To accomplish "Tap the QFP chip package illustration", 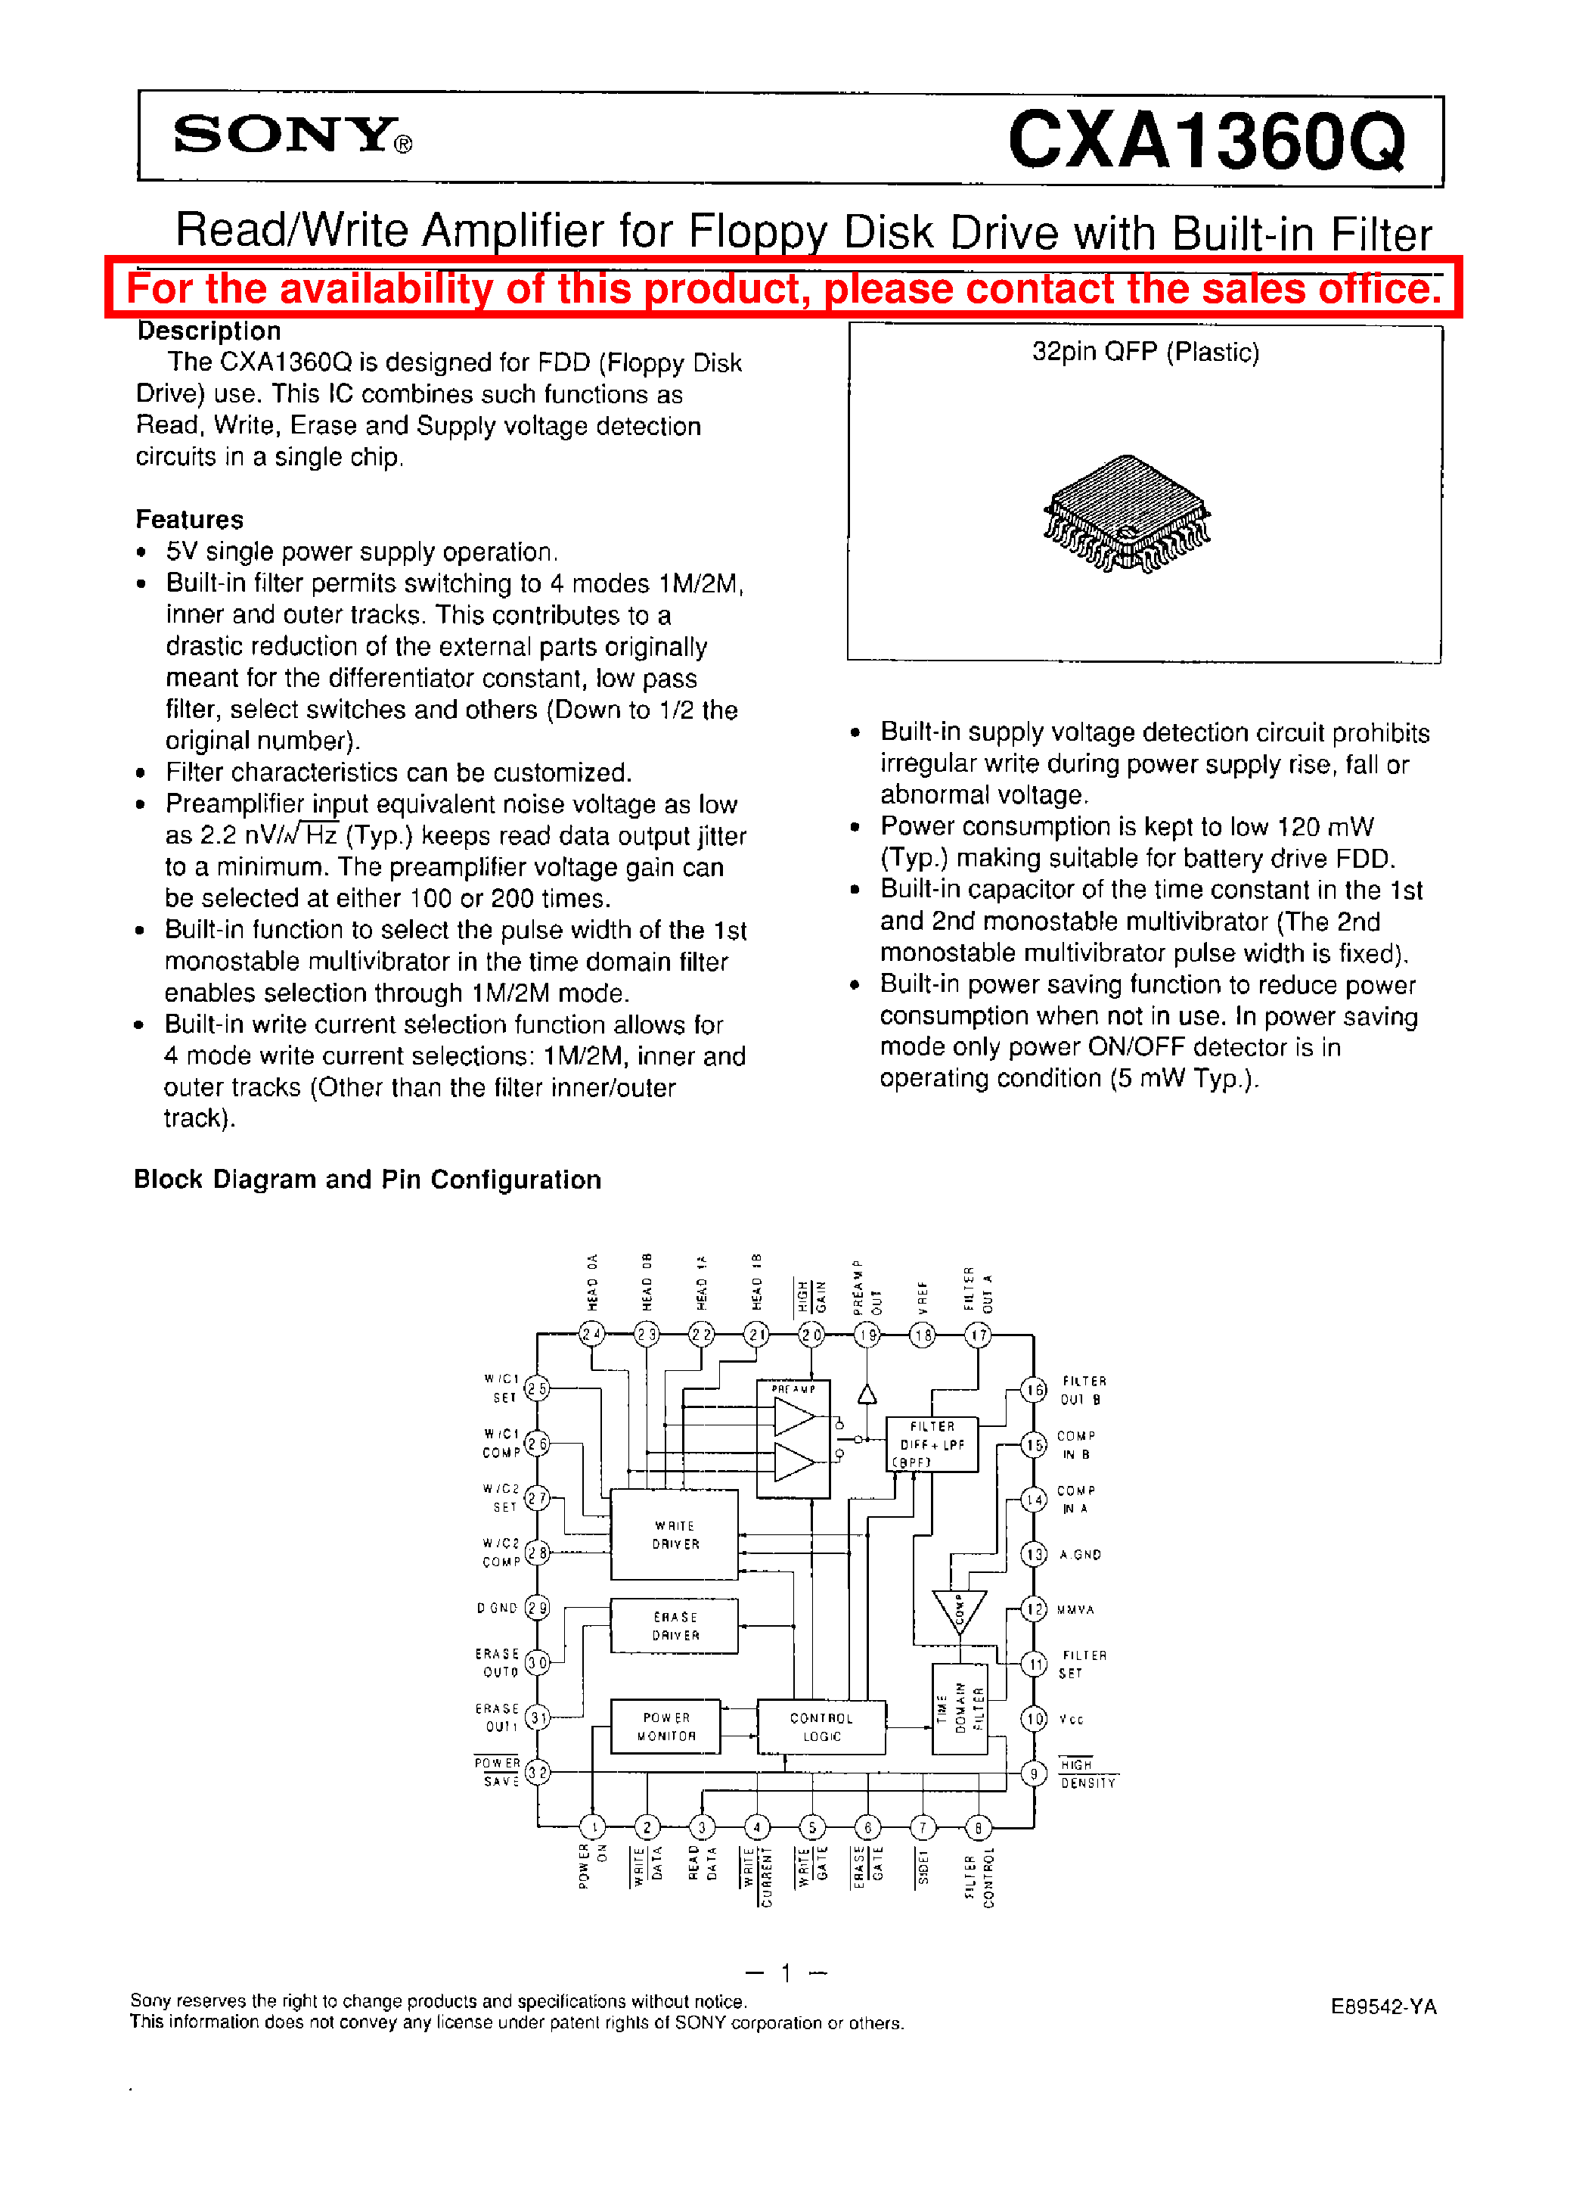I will click(1128, 514).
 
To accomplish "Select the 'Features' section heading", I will click(189, 519).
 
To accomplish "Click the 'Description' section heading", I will click(208, 331).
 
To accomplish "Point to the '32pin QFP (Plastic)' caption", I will click(1145, 352).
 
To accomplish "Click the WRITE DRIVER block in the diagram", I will click(674, 1534).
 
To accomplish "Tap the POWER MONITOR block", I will click(665, 1727).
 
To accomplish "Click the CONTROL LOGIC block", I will click(821, 1727).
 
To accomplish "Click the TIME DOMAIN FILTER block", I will click(959, 1708).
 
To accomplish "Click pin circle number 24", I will click(592, 1334).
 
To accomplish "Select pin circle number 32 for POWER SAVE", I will click(538, 1772).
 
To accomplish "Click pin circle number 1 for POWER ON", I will click(592, 1827).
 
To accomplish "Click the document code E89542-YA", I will click(1382, 2007).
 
